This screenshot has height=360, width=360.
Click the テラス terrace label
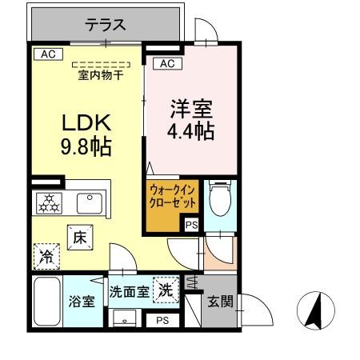tap(106, 26)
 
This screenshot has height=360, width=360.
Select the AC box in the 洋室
tap(166, 63)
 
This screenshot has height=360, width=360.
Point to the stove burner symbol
tap(48, 202)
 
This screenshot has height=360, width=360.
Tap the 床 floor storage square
tap(79, 238)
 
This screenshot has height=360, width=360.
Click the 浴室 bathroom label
tap(82, 302)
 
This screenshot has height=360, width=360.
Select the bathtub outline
tap(48, 302)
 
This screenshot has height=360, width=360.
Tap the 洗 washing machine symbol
tap(166, 290)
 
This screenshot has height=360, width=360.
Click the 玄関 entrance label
tap(220, 302)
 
